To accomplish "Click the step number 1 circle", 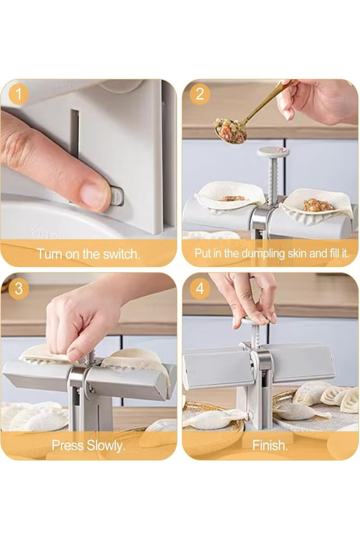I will pos(19,94).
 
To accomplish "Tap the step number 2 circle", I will pos(200,94).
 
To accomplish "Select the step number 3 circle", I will pos(19,288).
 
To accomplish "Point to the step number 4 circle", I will pos(200,288).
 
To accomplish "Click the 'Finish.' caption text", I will pos(269,446).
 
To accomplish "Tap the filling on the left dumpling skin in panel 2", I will pos(232,198).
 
